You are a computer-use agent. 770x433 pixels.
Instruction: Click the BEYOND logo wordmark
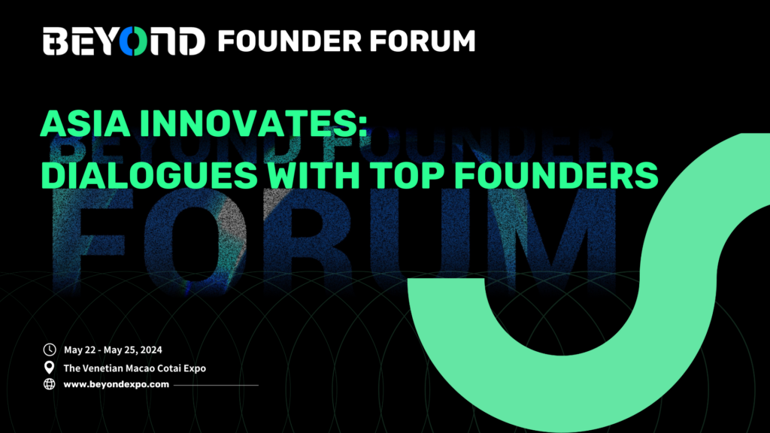(x=124, y=41)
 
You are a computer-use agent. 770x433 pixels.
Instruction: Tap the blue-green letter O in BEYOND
(x=133, y=41)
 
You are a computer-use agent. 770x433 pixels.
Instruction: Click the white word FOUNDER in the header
(x=290, y=41)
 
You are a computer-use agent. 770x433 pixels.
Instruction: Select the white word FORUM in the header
(x=423, y=41)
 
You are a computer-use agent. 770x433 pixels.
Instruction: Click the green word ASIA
(x=86, y=123)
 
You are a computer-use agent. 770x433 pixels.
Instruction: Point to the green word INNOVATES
(x=249, y=123)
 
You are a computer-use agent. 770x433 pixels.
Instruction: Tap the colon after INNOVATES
(x=363, y=126)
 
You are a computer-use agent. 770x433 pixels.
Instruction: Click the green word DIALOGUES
(x=150, y=175)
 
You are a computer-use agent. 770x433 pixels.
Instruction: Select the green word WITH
(x=314, y=175)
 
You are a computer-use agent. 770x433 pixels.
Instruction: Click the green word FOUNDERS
(x=556, y=175)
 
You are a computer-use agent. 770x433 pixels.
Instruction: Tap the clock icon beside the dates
(x=50, y=350)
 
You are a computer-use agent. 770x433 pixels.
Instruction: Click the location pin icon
(x=49, y=367)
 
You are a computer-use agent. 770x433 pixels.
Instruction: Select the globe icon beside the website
(x=50, y=384)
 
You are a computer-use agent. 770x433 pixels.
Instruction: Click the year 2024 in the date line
(x=150, y=350)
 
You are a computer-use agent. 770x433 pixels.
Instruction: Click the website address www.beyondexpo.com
(x=117, y=384)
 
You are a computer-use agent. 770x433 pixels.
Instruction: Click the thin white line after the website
(x=216, y=386)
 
